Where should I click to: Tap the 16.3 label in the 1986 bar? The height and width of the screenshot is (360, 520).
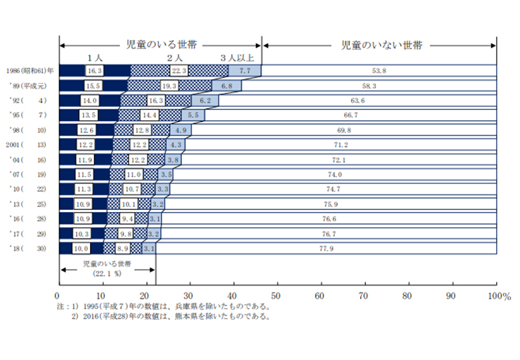coord(94,70)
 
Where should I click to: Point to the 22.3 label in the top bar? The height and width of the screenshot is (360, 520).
coord(179,70)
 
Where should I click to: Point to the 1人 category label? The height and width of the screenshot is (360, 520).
coord(94,58)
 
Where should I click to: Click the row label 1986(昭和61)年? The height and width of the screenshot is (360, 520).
coord(30,71)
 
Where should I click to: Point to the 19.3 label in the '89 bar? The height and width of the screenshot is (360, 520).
coord(169,85)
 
